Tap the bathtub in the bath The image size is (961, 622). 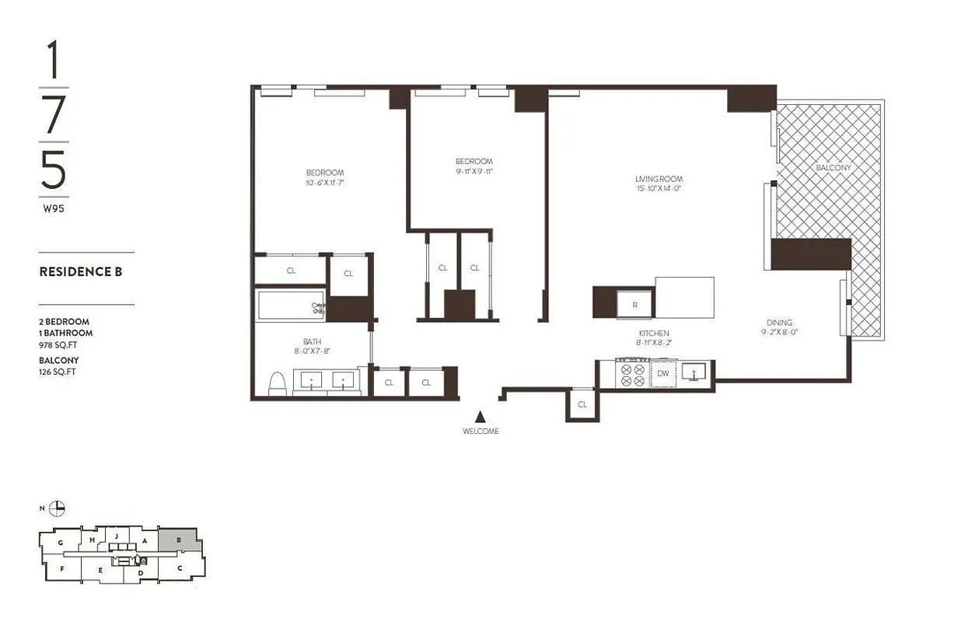(x=289, y=305)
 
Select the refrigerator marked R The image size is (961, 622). (x=635, y=304)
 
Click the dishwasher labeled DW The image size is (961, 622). (x=663, y=374)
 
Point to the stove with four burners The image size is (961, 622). (x=632, y=374)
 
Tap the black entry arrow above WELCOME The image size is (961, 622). (x=480, y=418)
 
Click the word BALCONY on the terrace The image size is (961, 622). (x=833, y=168)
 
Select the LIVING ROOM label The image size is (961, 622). (x=659, y=179)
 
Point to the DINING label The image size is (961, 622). (x=779, y=323)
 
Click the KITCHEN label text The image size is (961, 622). (x=653, y=334)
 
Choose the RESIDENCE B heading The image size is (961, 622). (x=81, y=272)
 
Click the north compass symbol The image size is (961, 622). (x=57, y=508)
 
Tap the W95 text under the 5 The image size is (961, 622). (x=53, y=208)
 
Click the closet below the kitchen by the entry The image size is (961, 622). (x=582, y=404)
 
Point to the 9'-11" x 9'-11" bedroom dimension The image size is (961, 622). (x=474, y=172)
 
